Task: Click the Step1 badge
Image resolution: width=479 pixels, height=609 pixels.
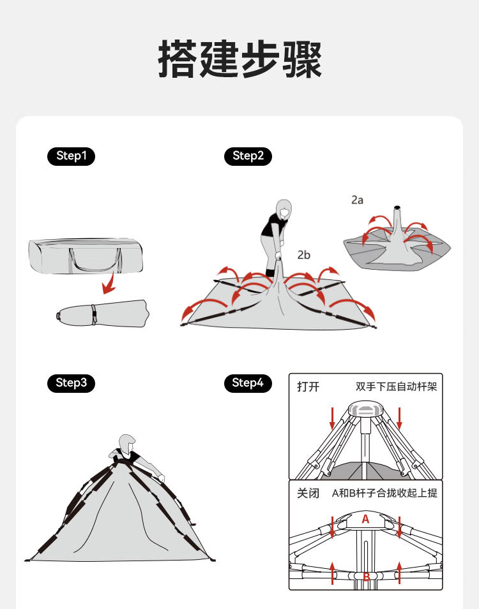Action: coord(71,156)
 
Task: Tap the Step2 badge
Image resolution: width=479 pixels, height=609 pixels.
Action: coord(248,156)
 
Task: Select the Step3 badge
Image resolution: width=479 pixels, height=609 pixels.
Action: coord(71,383)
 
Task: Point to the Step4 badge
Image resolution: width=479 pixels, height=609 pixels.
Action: coord(248,383)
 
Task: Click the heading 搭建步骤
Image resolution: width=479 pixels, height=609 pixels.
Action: coord(240,59)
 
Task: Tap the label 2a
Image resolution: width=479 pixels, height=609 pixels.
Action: coord(357,200)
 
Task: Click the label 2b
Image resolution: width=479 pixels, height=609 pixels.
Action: coord(303,255)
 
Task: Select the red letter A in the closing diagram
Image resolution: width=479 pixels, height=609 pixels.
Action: coord(365,519)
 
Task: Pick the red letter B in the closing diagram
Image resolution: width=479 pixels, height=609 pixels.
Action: coord(366,577)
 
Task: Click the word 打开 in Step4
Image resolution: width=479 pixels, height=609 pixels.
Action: coord(308,387)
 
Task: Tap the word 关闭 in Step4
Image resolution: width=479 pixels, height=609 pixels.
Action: coord(308,493)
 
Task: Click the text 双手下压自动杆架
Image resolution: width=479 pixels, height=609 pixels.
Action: coord(396,387)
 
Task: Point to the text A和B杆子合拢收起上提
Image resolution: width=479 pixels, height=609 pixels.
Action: coord(384,493)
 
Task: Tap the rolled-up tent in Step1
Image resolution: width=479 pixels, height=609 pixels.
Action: coord(102,313)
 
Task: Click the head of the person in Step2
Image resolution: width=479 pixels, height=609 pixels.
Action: coord(283,208)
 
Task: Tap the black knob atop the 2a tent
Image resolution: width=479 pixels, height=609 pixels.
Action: coord(396,207)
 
